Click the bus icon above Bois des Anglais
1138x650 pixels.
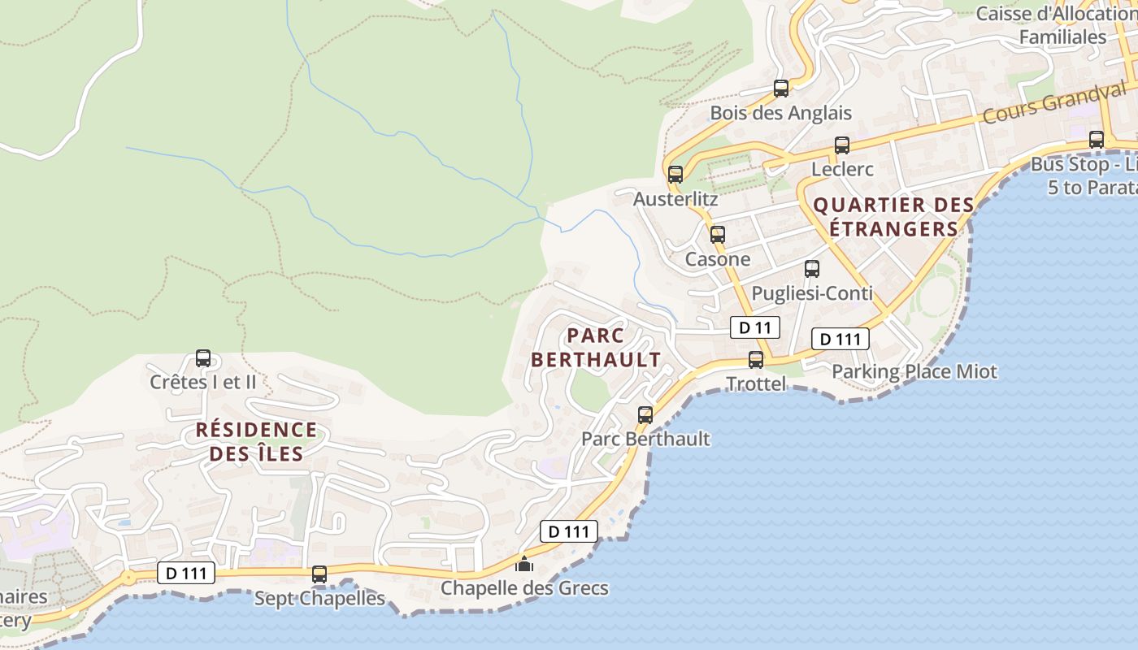click(x=780, y=89)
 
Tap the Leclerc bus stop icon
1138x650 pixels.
click(x=841, y=145)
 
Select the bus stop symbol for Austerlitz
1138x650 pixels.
click(x=675, y=174)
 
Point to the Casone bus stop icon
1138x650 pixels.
click(x=717, y=235)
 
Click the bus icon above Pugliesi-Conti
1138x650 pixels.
click(x=811, y=269)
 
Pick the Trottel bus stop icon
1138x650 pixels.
click(x=756, y=359)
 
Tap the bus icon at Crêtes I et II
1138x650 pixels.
click(x=203, y=358)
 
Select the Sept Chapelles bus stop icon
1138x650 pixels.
click(x=319, y=574)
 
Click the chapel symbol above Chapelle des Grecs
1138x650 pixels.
click(x=524, y=563)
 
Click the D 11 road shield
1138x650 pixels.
click(x=754, y=327)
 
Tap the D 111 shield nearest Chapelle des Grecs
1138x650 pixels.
click(x=569, y=532)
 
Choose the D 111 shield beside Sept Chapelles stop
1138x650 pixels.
click(x=186, y=573)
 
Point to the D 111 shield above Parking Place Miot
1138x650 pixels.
click(x=840, y=339)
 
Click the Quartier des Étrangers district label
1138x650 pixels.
click(x=893, y=217)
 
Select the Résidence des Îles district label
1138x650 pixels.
click(x=256, y=441)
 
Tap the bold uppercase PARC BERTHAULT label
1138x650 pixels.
click(x=596, y=348)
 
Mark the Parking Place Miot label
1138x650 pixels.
click(x=914, y=372)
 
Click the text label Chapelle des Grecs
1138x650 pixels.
click(x=524, y=588)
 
